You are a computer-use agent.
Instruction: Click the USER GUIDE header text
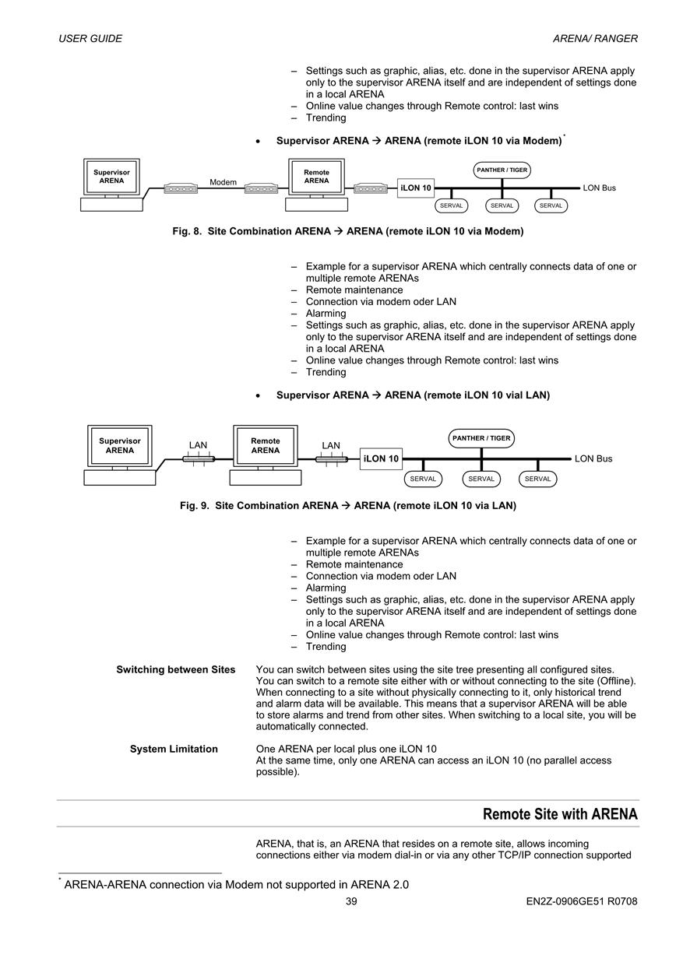90,38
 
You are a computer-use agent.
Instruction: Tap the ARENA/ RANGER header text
595,38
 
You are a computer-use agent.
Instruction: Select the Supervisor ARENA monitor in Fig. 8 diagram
111,177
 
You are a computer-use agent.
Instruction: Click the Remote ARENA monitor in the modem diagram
316,177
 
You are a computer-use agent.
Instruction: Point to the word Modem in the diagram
223,182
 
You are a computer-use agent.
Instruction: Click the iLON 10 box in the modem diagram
416,188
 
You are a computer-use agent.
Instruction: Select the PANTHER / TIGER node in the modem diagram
502,170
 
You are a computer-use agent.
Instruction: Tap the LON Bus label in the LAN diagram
593,458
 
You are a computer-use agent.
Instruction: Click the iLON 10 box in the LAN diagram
381,458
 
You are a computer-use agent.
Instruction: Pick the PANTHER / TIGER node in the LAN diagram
481,438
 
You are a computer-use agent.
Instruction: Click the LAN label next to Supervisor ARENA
198,445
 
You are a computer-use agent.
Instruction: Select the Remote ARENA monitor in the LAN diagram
266,446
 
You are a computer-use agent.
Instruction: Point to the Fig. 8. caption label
187,231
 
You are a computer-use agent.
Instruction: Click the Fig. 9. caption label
195,506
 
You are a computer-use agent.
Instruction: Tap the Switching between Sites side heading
176,669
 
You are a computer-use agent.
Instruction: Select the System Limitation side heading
174,749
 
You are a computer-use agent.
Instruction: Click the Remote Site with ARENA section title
560,814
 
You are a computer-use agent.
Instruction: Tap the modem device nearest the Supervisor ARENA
181,188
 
